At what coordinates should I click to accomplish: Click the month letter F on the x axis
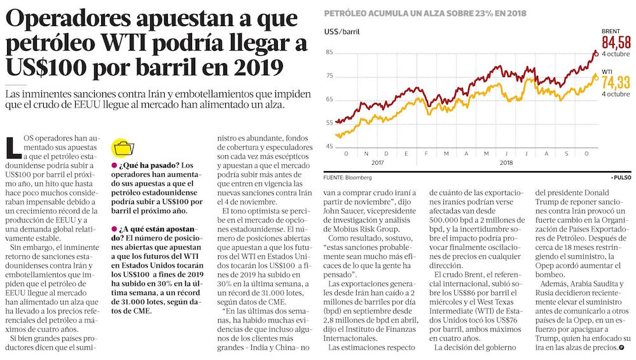pos(429,154)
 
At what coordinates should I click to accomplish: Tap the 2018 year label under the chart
pos(506,163)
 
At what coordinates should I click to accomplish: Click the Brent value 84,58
pos(616,43)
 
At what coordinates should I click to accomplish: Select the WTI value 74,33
pos(616,82)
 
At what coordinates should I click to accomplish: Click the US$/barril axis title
pos(341,31)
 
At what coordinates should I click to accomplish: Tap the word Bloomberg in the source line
pos(358,177)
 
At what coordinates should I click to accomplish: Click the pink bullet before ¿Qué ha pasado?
pos(113,167)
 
